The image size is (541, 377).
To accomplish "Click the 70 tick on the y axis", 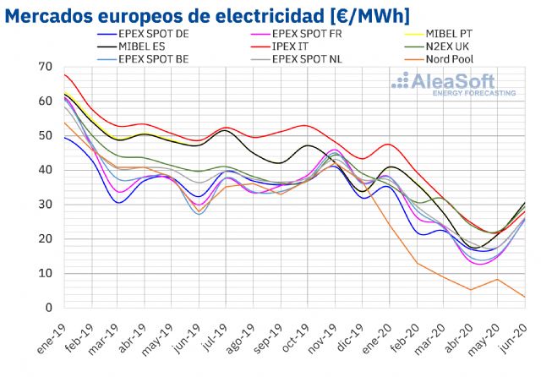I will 45,66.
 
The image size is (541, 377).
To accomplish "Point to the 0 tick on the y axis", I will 48,308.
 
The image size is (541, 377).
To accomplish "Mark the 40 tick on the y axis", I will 45,170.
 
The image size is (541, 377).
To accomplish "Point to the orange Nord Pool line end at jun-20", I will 525,297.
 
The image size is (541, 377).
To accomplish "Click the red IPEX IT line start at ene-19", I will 65,75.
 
